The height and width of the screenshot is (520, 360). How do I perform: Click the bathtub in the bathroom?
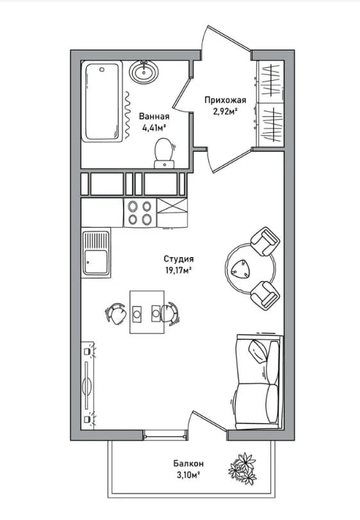pos(102,101)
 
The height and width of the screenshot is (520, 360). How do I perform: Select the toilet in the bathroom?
pos(164,153)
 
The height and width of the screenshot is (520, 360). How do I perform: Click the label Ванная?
pos(154,117)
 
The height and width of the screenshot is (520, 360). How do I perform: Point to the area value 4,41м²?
pos(154,128)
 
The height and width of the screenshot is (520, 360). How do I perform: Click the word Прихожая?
pos(225,100)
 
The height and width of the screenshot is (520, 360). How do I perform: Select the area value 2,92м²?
pos(226,112)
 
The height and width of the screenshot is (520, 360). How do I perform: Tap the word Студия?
pos(179,259)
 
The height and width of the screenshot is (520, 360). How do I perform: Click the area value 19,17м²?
pos(179,271)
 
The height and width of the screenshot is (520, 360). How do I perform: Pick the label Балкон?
pos(188,464)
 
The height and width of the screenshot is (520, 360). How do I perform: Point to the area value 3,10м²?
pos(188,475)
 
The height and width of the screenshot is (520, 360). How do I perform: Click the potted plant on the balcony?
pos(243,468)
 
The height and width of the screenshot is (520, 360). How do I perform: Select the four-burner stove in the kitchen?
pos(140,213)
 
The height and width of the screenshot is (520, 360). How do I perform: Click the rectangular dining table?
pos(147,312)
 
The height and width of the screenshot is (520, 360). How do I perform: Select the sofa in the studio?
pos(258,382)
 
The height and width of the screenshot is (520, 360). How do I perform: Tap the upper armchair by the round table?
pos(265,241)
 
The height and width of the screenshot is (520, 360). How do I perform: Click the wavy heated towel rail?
pos(127,115)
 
